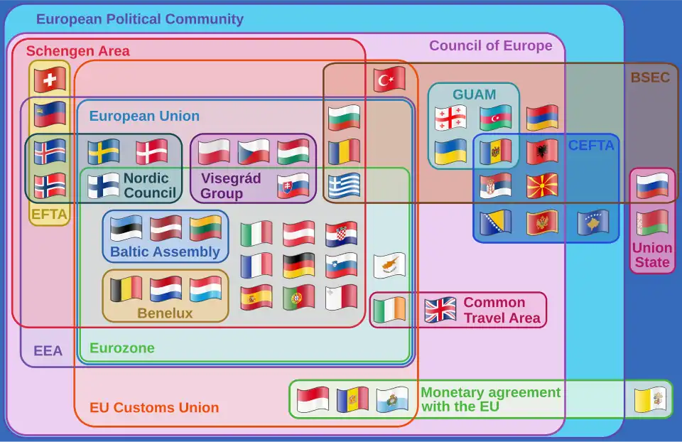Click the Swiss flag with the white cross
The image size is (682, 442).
tap(50, 80)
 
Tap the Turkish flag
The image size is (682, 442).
tap(389, 80)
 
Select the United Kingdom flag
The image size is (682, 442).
tap(440, 310)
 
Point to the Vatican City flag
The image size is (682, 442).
tap(650, 400)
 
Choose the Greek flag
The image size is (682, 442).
tap(344, 185)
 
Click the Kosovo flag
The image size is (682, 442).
tap(592, 222)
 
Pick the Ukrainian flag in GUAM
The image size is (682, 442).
tap(450, 152)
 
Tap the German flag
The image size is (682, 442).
tap(298, 266)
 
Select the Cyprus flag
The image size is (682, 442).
tap(389, 266)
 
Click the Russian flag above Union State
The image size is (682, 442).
tap(652, 185)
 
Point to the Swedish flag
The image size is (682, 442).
tap(104, 152)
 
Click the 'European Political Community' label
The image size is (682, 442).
tap(139, 19)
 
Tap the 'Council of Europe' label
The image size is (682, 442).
tap(490, 46)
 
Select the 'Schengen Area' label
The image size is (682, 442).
tap(78, 51)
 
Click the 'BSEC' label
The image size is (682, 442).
tap(650, 77)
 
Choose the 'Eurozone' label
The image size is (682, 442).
tap(121, 349)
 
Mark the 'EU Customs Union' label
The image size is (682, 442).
tap(154, 408)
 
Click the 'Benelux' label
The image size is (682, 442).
tap(165, 313)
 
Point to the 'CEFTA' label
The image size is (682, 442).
tap(591, 146)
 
